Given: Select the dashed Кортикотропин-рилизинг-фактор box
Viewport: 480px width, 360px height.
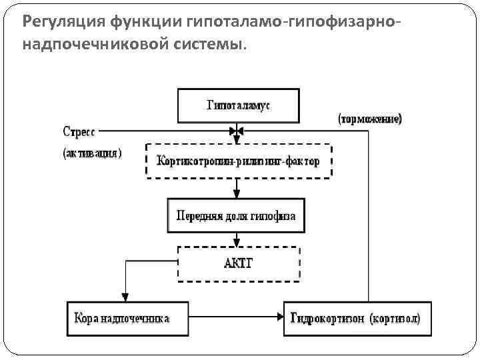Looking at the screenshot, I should (x=238, y=161).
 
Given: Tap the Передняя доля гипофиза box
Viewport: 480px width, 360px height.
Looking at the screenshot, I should (x=235, y=215).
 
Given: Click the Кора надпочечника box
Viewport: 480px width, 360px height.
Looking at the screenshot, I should (x=123, y=319).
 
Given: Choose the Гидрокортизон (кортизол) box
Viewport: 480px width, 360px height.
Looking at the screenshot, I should (x=357, y=319).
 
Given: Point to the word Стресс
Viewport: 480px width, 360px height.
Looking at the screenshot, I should (x=79, y=130).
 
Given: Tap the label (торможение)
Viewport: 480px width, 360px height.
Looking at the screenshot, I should (x=370, y=119).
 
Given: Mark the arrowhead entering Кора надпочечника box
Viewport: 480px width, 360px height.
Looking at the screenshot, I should (x=123, y=297).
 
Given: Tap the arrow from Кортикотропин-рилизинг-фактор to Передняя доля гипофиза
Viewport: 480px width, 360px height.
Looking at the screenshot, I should (x=235, y=188).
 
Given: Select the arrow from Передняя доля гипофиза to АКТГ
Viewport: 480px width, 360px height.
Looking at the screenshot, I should (x=235, y=239).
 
